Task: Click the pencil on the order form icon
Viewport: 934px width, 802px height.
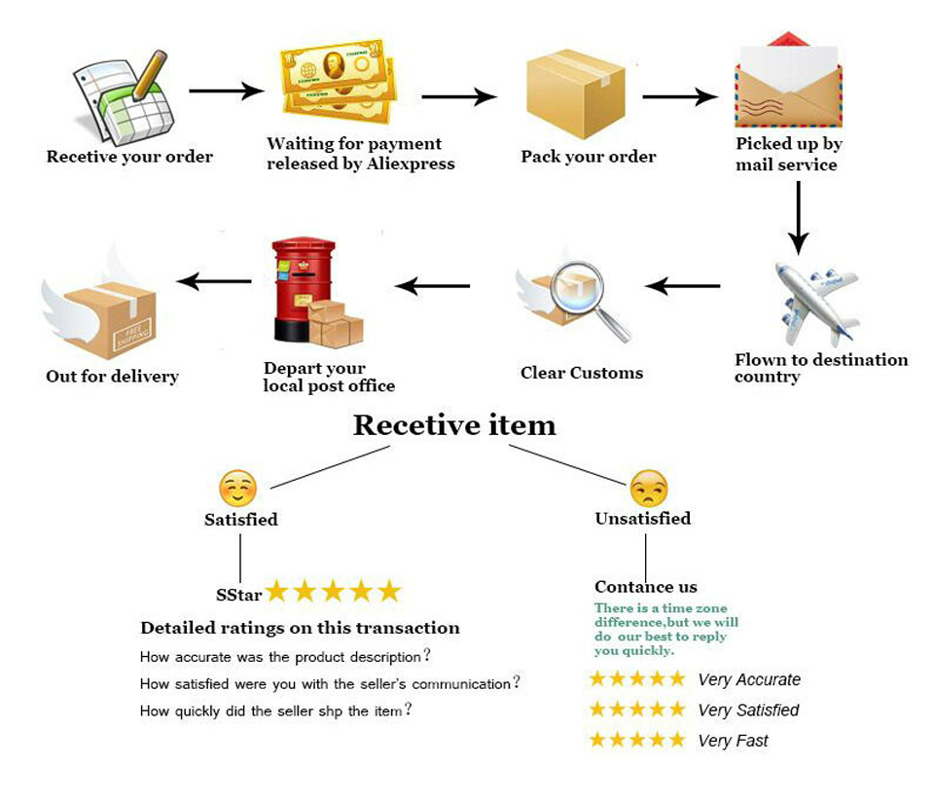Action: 149,75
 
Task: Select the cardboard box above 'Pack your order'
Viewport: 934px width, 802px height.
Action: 575,93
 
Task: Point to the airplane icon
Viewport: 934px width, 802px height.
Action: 817,304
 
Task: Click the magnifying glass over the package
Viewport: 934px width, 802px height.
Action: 589,301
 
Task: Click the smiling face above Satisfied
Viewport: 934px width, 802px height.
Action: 237,488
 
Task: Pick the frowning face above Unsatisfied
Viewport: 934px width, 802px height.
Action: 649,488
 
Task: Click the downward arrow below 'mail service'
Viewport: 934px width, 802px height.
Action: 798,218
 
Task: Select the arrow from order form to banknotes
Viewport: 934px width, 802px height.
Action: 227,91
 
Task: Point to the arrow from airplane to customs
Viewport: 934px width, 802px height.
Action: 683,286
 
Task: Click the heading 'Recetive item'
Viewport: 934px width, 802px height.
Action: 454,424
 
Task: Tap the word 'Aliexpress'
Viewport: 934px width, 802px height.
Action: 411,164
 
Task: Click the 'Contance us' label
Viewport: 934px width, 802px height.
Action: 646,587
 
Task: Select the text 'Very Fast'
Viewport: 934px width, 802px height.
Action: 734,741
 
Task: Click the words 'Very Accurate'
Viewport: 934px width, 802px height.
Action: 749,680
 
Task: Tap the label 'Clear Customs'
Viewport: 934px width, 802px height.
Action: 582,373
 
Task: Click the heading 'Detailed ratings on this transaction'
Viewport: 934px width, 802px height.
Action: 301,628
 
